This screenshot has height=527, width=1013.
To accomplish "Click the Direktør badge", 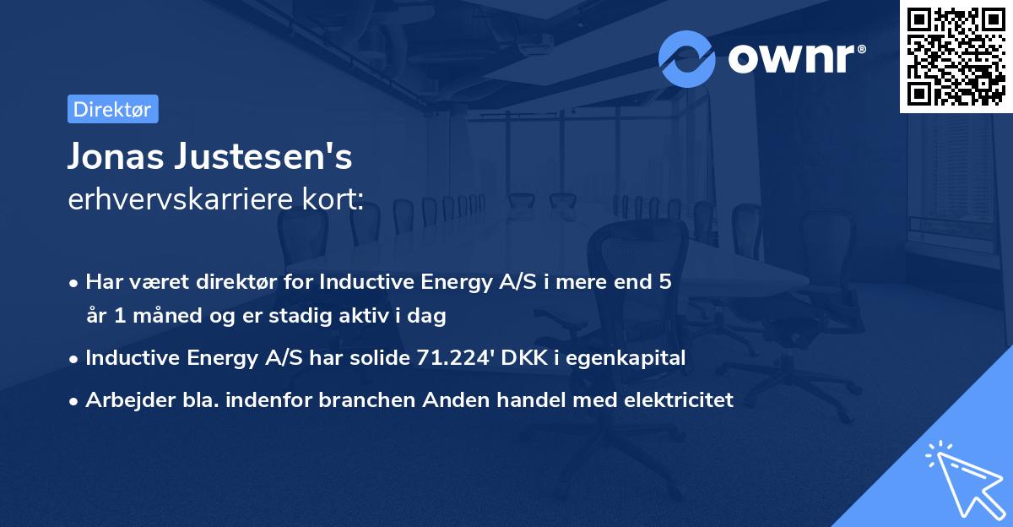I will (x=112, y=109).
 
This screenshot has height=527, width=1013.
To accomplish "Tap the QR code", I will (x=956, y=56).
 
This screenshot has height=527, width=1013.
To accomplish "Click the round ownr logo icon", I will (x=687, y=58).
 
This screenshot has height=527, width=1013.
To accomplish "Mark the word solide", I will (x=382, y=358).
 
